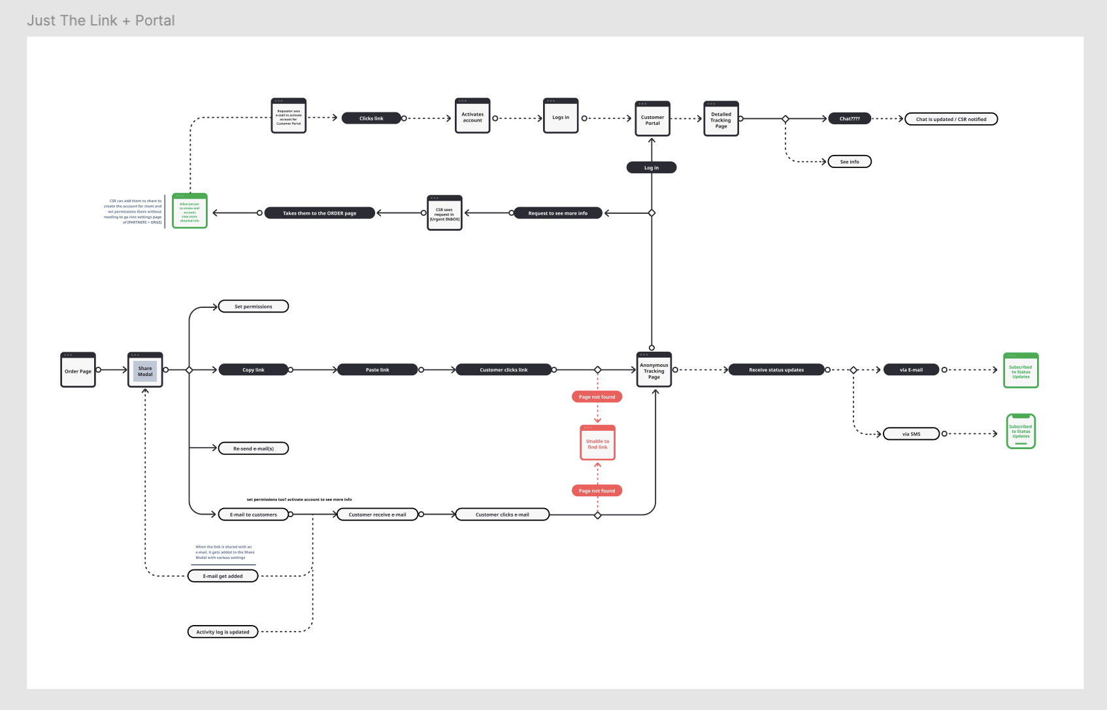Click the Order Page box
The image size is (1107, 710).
click(78, 370)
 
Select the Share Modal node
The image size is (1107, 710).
click(145, 370)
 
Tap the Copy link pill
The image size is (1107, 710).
click(253, 370)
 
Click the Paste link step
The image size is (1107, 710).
click(377, 370)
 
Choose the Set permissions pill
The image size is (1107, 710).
click(253, 307)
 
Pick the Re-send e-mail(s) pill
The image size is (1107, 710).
click(253, 448)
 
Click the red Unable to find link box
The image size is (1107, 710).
click(597, 443)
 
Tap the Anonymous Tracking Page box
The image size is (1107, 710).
click(653, 370)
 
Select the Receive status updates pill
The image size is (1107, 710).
click(776, 370)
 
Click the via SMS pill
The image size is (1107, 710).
click(911, 434)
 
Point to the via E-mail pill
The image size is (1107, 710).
click(911, 370)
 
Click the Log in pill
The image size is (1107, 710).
click(651, 168)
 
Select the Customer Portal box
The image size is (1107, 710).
click(652, 119)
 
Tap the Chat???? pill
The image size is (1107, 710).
click(850, 119)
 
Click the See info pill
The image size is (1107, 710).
click(850, 161)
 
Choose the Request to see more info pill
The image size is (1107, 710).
click(557, 213)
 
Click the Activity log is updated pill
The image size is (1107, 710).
click(223, 632)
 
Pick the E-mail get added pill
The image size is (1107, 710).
click(223, 577)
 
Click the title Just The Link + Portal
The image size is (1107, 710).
click(101, 21)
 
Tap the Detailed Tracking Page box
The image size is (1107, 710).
click(721, 119)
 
